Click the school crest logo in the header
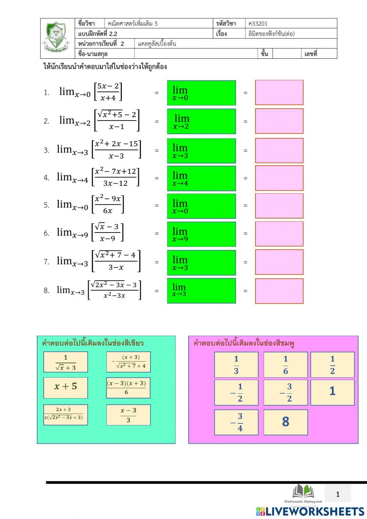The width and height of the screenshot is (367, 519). tap(56, 37)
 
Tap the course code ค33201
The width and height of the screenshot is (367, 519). tap(258, 24)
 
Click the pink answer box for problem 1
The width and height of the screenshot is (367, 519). tap(279, 93)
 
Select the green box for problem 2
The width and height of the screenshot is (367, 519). tap(201, 121)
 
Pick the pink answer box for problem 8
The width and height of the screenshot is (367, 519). tap(279, 291)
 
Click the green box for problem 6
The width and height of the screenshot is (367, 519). tap(201, 234)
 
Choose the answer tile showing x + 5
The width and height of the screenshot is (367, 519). tap(66, 387)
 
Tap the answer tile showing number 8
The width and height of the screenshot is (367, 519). tap(286, 422)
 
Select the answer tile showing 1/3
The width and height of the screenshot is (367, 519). tap(236, 365)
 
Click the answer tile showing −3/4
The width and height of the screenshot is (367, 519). tap(236, 422)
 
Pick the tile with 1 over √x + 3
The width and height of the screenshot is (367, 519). tap(66, 362)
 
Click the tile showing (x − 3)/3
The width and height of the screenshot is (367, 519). tap(128, 415)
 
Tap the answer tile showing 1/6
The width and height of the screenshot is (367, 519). tap(286, 365)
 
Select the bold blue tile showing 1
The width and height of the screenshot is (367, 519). tap(333, 392)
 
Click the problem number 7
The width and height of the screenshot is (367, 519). tap(47, 262)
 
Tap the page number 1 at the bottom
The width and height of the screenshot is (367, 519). tap(338, 494)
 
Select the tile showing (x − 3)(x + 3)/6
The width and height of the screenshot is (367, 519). tap(128, 388)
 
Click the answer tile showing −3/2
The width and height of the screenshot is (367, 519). tap(286, 392)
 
